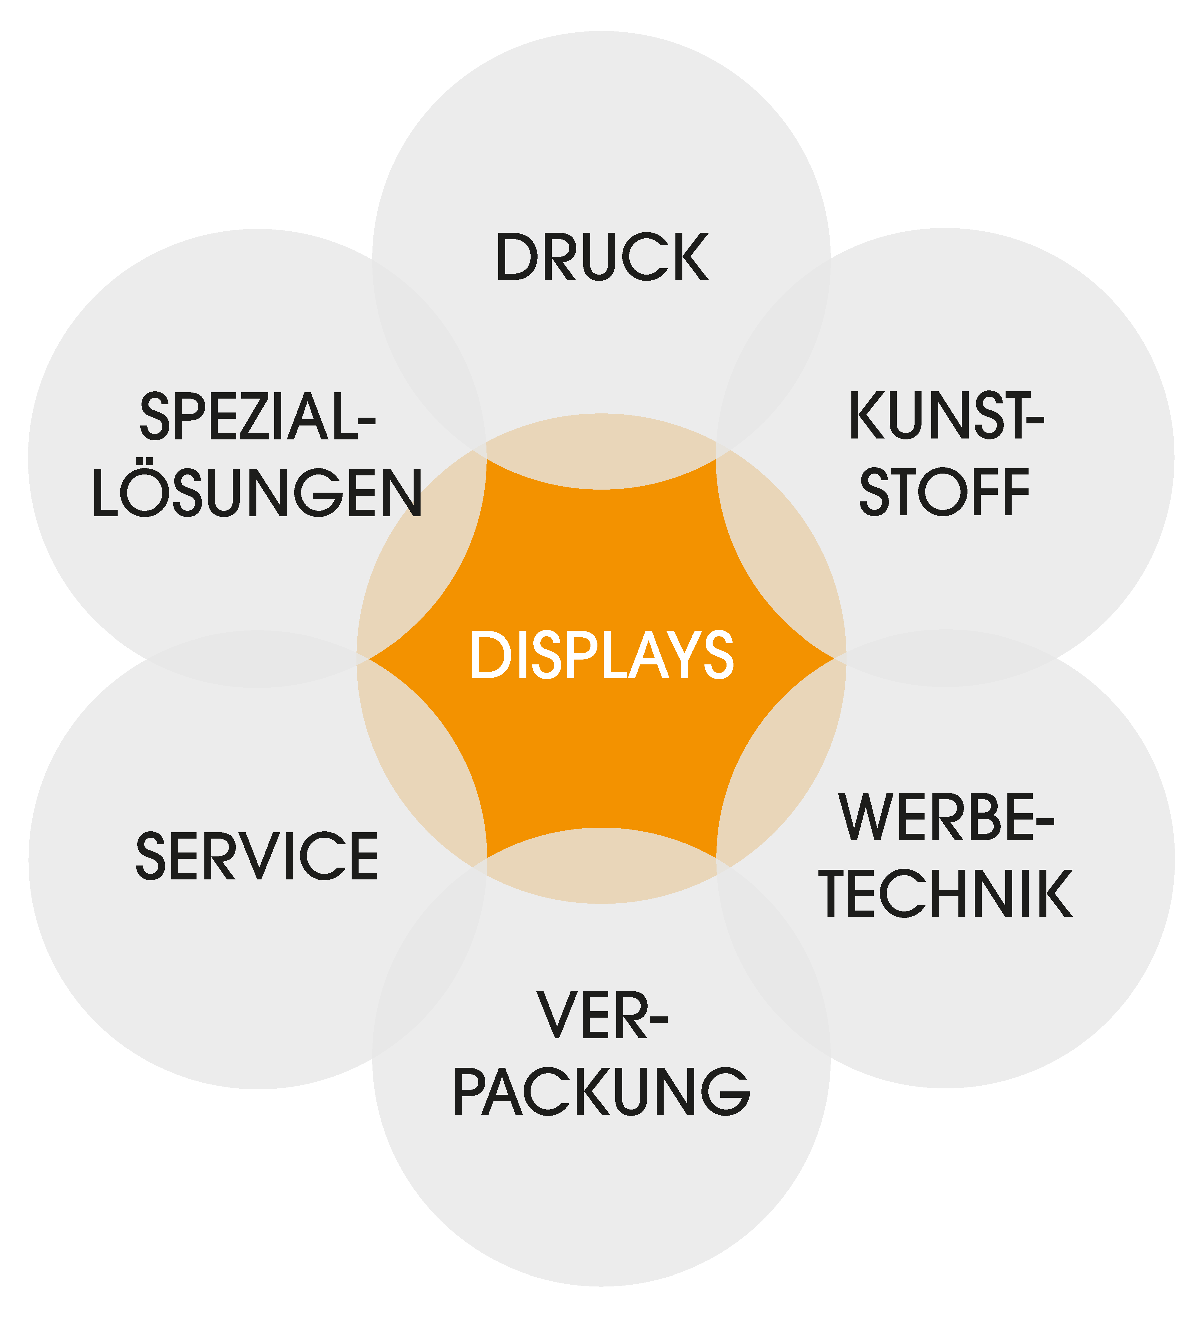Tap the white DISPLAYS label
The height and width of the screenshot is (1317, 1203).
[x=602, y=655]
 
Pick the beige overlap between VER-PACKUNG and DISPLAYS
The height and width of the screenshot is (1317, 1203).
[x=602, y=866]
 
